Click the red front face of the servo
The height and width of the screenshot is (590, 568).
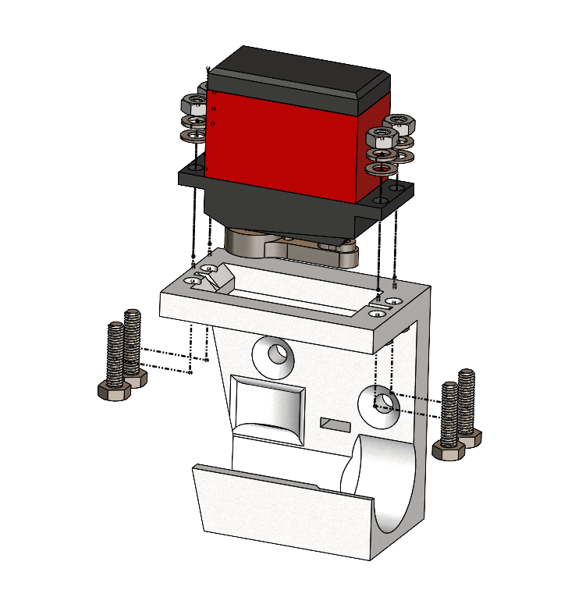point(281,140)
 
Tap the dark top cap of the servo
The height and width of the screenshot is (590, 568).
point(296,74)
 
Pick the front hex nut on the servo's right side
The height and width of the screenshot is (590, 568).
point(381,139)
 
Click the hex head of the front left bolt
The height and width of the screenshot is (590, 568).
point(114,391)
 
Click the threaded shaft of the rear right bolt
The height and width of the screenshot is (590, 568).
point(467,398)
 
